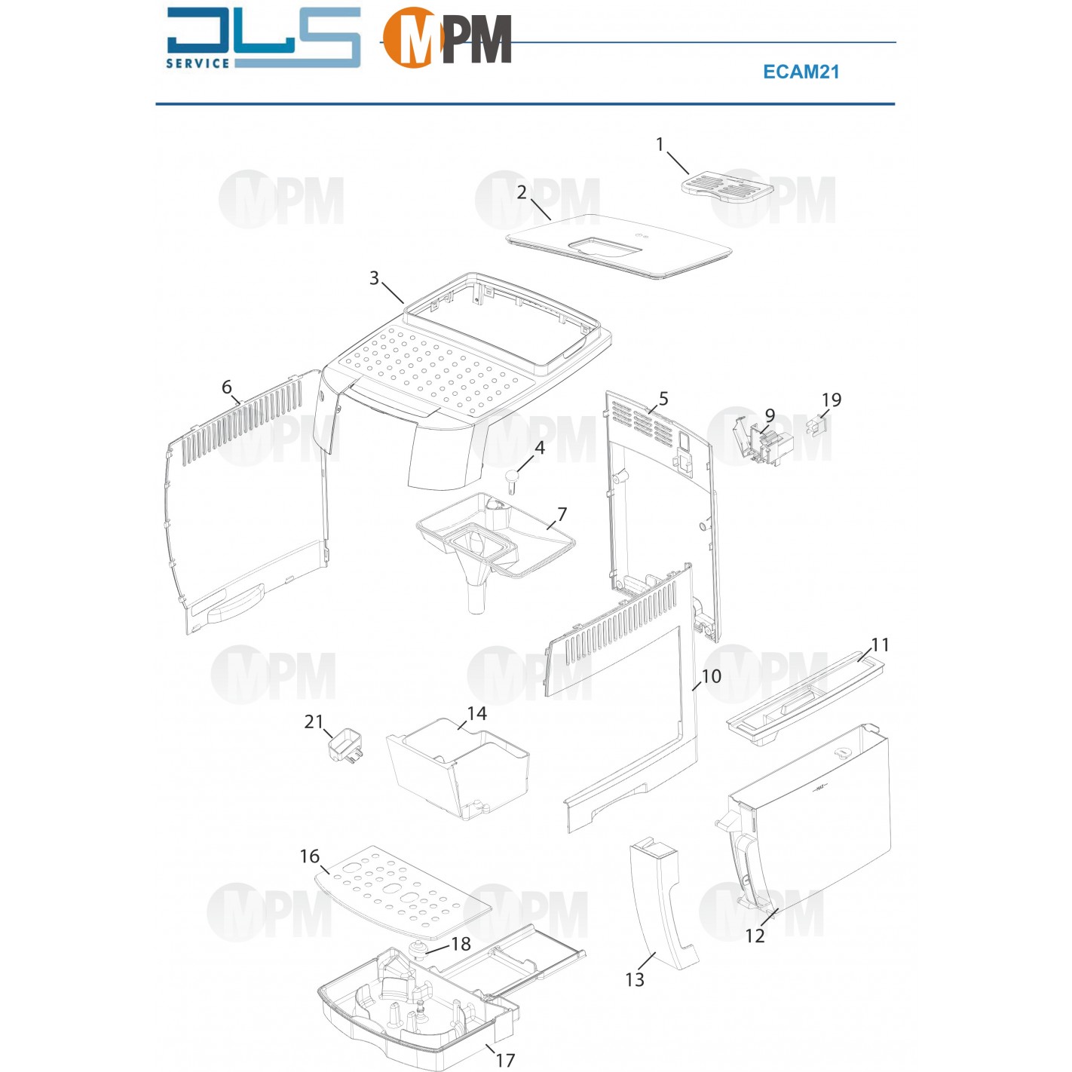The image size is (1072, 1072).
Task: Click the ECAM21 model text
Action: (801, 72)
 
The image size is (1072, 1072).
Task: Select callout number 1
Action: (660, 144)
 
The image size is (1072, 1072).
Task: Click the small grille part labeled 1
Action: (727, 185)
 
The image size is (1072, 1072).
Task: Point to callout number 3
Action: (374, 278)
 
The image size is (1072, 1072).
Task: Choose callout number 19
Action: (831, 400)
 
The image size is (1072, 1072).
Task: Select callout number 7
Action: (562, 514)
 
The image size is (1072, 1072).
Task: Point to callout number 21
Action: (314, 721)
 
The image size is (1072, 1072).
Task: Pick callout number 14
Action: (476, 713)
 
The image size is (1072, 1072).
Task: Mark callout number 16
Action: (310, 856)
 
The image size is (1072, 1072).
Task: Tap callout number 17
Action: (505, 1060)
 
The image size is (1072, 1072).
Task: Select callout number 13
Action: (635, 979)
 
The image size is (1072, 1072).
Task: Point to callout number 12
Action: (755, 936)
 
